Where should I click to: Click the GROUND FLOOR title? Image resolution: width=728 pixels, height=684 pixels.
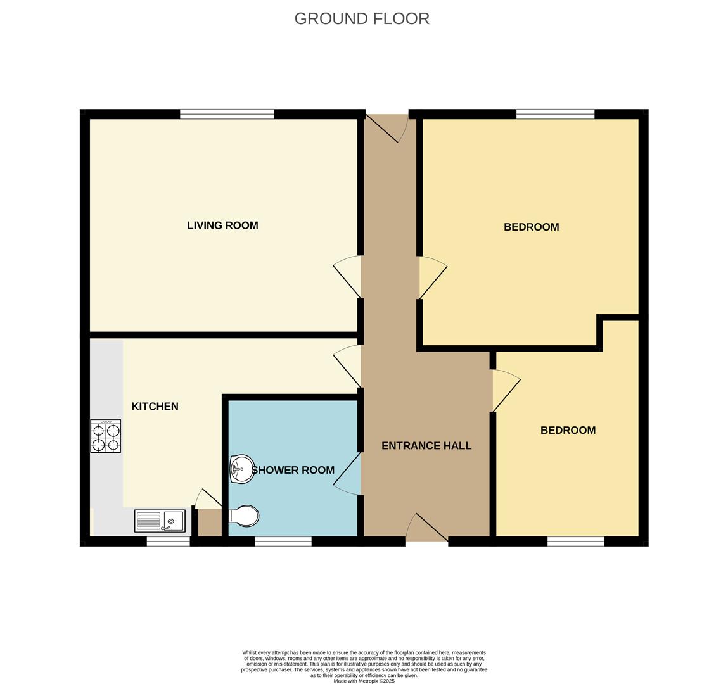362,18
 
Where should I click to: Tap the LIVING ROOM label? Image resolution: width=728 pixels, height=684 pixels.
222,225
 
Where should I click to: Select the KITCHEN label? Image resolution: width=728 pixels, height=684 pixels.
155,407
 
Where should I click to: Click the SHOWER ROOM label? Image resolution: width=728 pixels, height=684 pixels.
293,470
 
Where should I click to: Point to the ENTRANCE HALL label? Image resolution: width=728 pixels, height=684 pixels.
426,446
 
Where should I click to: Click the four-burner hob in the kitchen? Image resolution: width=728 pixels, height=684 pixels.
106,436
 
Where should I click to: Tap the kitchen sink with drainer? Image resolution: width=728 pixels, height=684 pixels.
160,521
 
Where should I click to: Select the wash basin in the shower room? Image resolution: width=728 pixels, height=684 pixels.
241,469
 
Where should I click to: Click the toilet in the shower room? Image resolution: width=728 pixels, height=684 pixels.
244,516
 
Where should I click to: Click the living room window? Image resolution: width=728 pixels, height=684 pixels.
227,114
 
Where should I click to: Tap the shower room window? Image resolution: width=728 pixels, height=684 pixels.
283,541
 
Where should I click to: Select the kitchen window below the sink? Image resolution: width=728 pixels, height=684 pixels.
168,541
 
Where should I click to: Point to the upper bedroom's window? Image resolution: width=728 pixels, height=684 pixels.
555,114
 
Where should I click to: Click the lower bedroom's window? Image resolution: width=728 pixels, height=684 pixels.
575,541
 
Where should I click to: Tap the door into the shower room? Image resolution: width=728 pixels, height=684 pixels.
348,473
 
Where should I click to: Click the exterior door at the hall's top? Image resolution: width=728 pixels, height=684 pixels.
387,127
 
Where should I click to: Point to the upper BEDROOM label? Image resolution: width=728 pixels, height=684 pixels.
531,227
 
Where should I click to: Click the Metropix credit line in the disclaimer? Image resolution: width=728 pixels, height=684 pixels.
364,681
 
